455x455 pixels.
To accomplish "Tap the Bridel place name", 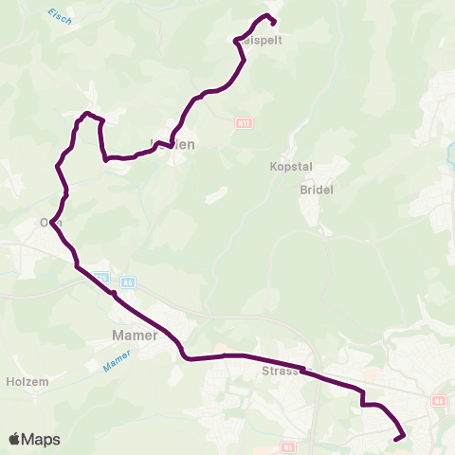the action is [x=316, y=190].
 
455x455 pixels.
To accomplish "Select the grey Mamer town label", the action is [x=129, y=335].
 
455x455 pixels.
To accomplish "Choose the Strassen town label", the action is [x=282, y=372].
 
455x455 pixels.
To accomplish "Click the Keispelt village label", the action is [x=264, y=41].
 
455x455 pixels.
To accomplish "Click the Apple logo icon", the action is [x=14, y=439].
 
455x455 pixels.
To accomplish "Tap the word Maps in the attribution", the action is [x=41, y=439].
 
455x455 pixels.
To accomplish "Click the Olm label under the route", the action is [x=50, y=223].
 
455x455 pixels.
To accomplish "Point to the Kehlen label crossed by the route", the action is [x=173, y=144].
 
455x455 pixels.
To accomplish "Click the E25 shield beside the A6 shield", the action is [x=102, y=279].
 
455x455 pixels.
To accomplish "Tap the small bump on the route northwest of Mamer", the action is [x=113, y=294].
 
